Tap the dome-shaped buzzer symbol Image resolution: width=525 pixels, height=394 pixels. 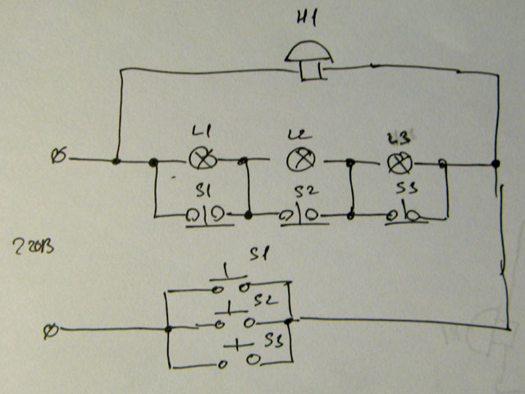(308, 56)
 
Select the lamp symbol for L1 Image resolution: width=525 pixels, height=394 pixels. (200, 159)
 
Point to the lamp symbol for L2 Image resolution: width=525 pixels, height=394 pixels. (299, 159)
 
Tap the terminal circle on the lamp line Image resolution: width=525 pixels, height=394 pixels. (58, 155)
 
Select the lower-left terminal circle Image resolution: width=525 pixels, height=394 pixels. (51, 330)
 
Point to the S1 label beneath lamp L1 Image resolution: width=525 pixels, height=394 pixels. (204, 190)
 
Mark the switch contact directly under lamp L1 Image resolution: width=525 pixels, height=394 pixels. (201, 215)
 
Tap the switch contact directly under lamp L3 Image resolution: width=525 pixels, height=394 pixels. (404, 216)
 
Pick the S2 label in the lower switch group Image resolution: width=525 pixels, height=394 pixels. (262, 300)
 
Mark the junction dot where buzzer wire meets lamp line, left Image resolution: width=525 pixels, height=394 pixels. (116, 161)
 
